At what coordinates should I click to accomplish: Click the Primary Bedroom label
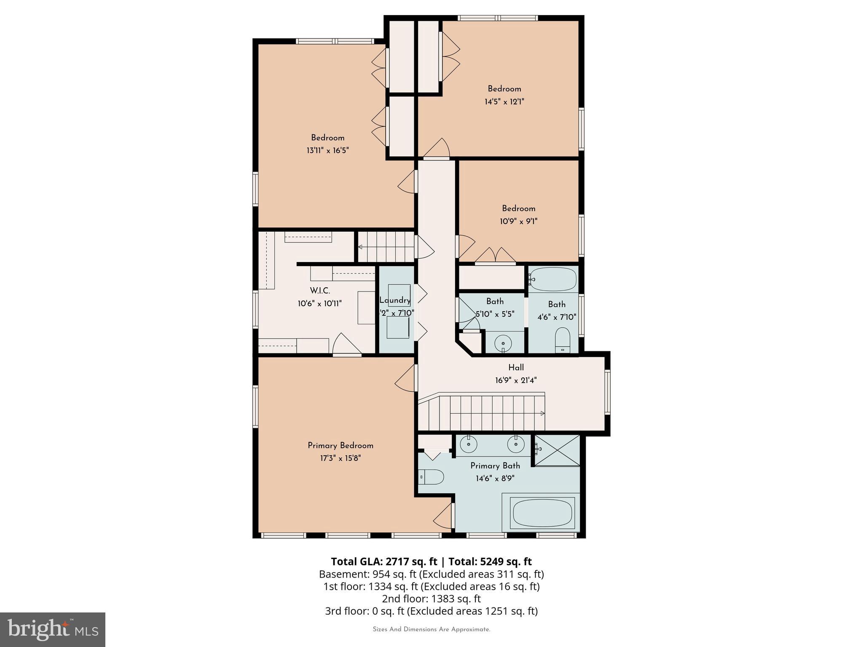pos(340,446)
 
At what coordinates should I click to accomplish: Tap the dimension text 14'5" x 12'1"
pos(504,102)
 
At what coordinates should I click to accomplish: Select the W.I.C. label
pos(320,291)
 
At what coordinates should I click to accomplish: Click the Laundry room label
pos(395,300)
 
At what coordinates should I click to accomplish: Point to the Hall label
pos(516,367)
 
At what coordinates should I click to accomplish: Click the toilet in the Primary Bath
pos(432,477)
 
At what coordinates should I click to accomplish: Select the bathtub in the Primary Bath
pos(542,513)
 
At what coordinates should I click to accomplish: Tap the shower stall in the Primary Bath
pos(557,450)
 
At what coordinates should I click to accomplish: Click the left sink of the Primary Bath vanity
pos(468,444)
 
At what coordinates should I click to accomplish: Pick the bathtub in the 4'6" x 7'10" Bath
pos(553,279)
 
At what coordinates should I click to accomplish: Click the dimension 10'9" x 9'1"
pos(518,221)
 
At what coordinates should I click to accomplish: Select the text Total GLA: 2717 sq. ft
pos(384,561)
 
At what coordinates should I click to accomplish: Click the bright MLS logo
pos(52,629)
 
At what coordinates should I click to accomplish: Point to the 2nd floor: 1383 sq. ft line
pos(431,599)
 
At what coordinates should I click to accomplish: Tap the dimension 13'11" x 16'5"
pos(327,150)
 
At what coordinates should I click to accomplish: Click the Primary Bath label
pos(495,465)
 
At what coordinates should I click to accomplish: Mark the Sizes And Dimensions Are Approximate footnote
pos(431,629)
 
